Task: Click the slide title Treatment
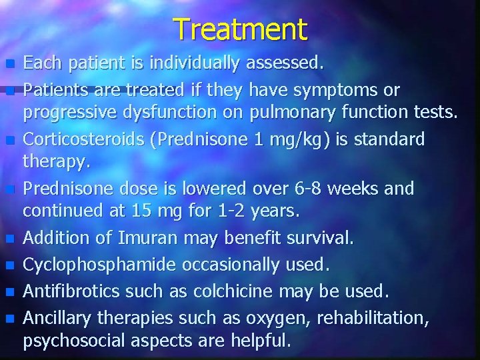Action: pos(241,29)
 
